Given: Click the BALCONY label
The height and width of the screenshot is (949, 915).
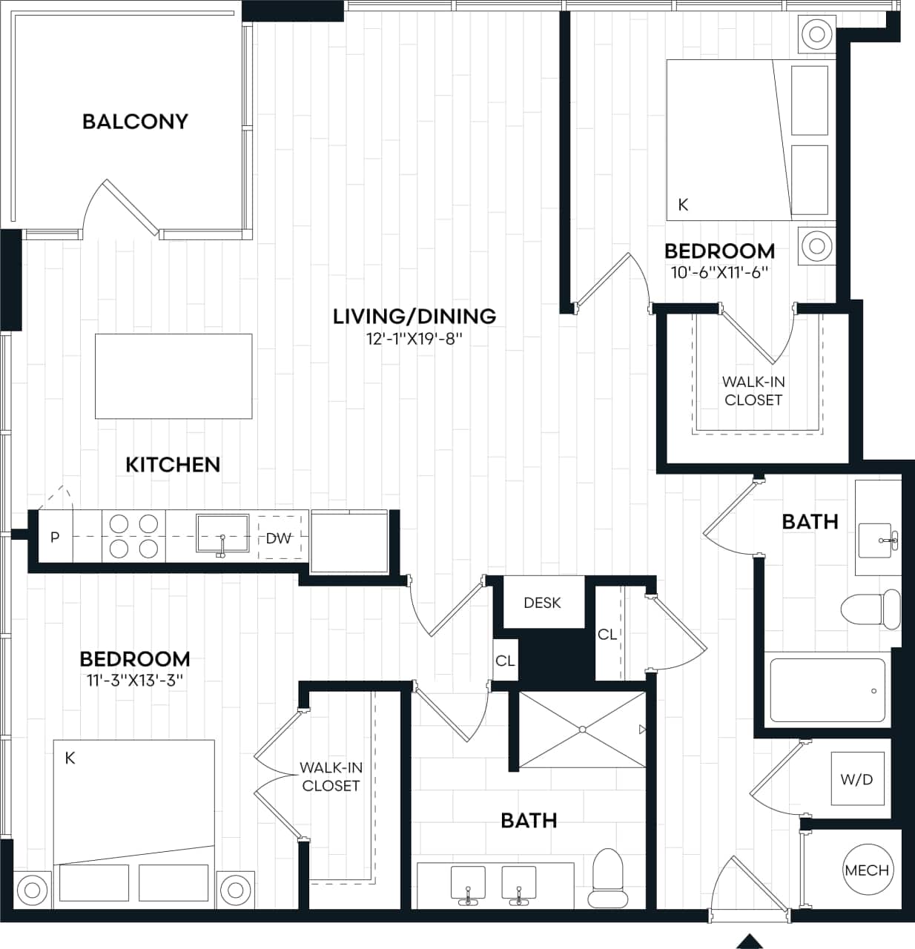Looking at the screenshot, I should (135, 122).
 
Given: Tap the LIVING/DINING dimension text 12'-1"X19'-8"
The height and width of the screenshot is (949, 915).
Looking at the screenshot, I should (414, 339).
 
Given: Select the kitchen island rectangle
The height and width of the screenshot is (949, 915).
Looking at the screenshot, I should (173, 375).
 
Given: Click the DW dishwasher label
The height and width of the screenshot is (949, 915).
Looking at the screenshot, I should (279, 538).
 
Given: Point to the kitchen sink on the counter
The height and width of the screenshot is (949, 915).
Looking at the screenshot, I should (222, 534).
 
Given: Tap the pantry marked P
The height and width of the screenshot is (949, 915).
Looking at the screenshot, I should (55, 537).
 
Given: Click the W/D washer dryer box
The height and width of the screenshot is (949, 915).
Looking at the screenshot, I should (856, 779).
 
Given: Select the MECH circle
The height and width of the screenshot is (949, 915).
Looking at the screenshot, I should (866, 870).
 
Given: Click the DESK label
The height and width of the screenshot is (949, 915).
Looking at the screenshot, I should (542, 603).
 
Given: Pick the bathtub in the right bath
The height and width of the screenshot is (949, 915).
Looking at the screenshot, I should (828, 690).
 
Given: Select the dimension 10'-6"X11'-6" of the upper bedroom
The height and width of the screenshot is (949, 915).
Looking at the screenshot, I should (719, 272).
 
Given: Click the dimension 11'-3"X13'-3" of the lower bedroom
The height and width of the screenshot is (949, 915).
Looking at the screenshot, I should (135, 681).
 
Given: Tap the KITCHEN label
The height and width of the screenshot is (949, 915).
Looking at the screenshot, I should (173, 465).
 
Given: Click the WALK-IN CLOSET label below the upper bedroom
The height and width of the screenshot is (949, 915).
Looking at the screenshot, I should (753, 391).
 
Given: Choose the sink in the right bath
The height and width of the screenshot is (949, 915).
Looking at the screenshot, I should (878, 540).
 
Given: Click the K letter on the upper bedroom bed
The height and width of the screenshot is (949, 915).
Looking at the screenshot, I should (683, 205).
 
